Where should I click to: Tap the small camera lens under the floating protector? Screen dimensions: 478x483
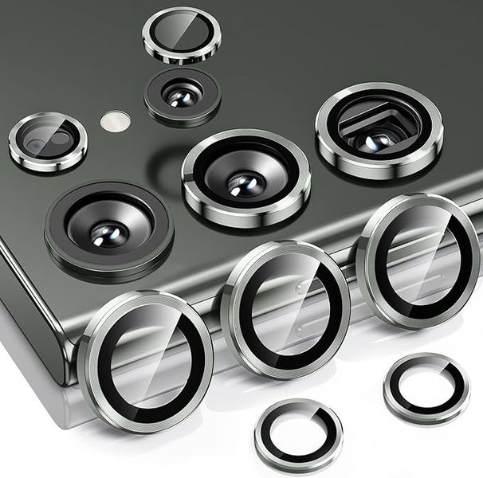182,96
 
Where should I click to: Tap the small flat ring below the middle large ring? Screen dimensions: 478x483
298,435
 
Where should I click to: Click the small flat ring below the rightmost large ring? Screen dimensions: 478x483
426,389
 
